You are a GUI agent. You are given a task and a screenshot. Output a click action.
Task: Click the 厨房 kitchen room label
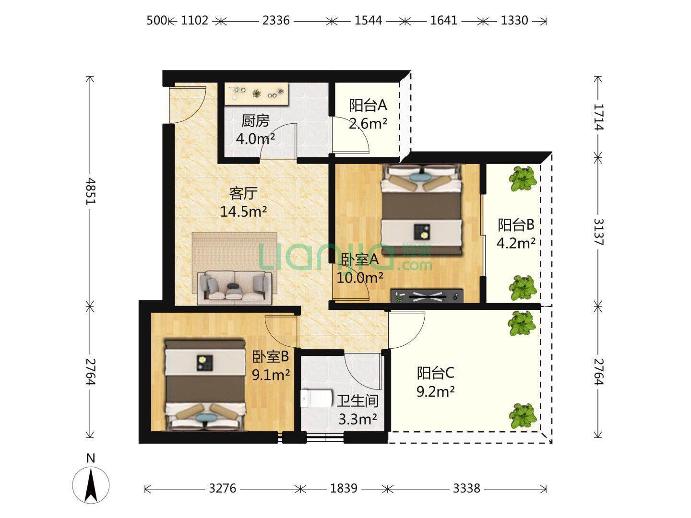point(255,121)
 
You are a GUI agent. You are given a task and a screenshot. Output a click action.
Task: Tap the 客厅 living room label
point(243,193)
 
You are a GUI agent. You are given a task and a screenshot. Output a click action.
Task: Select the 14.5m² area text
point(243,212)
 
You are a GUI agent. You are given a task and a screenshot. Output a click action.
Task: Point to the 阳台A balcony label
point(368,106)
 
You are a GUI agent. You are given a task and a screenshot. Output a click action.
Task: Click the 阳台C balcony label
point(435,373)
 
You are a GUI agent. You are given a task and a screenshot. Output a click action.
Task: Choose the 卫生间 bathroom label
point(357,401)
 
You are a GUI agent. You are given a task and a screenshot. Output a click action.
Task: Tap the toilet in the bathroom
point(316,399)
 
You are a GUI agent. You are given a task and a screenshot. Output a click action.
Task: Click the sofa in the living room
point(235,288)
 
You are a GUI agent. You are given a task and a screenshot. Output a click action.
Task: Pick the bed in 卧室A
point(422,210)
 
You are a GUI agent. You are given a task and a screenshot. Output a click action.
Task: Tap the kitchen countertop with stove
point(257,94)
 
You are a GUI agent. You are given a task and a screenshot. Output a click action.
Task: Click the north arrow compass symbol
point(91,485)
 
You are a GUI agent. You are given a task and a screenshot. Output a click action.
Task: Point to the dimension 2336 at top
point(276,21)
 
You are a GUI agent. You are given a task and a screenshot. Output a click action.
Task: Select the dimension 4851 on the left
point(90,191)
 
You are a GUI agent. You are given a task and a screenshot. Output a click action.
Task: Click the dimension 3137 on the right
point(598,232)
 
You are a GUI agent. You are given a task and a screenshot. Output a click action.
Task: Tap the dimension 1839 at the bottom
point(344,488)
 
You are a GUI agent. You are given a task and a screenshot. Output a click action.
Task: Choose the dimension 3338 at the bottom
point(466,488)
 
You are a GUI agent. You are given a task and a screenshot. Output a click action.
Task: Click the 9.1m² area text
point(271,375)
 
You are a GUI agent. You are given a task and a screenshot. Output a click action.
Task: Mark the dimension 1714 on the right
point(598,117)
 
